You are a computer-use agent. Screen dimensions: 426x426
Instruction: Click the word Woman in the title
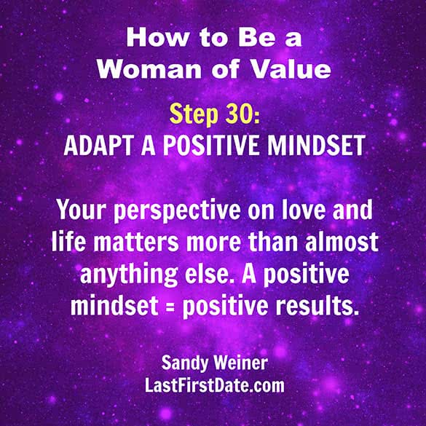(149, 70)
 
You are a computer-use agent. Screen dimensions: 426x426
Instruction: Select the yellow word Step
(194, 115)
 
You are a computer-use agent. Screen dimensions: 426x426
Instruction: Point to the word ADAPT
(99, 146)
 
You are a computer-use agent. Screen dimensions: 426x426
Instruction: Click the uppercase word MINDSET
(317, 146)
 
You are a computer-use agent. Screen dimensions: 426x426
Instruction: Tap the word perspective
(177, 212)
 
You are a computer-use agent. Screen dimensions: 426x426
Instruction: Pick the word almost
(342, 241)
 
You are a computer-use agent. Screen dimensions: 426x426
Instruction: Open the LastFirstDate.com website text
(215, 385)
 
